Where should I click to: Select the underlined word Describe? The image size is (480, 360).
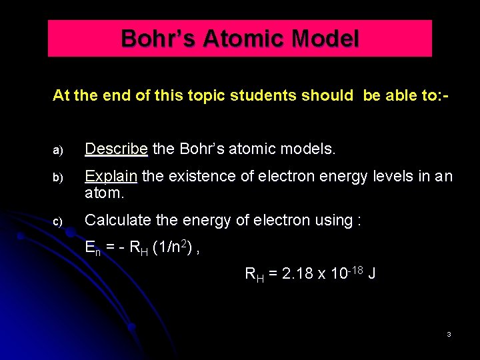116,149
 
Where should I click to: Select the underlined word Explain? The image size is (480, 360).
111,177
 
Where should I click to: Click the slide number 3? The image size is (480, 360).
449,334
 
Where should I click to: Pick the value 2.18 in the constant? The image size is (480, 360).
298,273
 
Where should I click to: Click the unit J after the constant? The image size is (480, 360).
372,273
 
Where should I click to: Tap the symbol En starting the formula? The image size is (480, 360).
93,249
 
